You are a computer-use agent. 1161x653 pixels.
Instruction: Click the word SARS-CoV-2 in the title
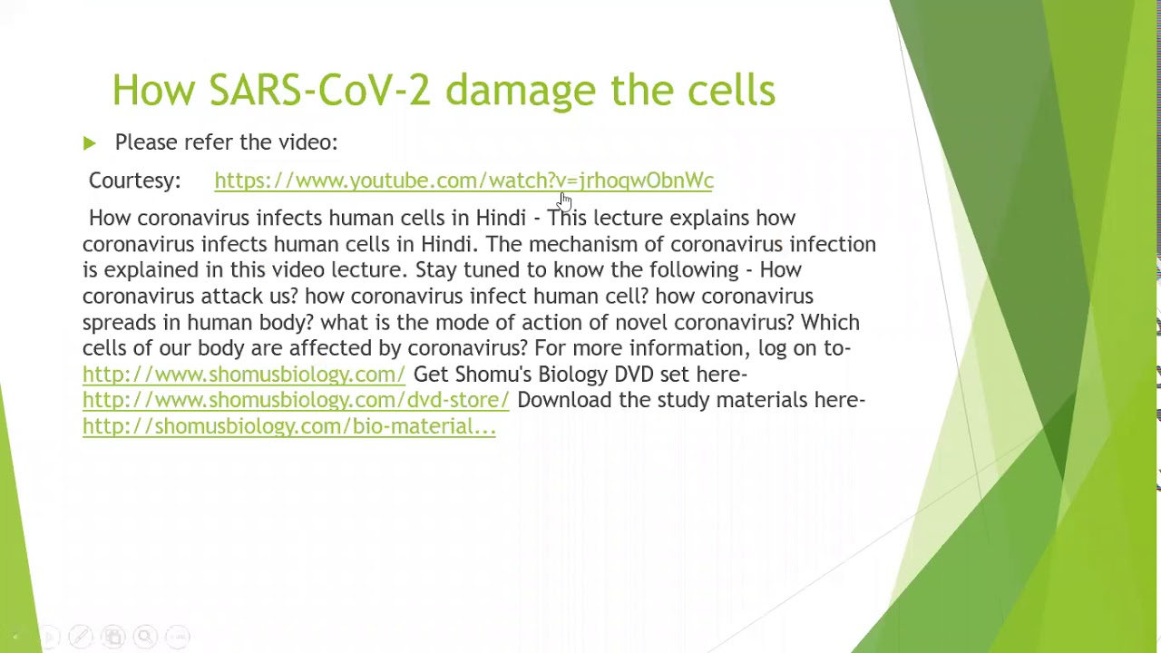coord(319,90)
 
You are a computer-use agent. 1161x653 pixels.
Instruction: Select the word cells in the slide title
coord(731,90)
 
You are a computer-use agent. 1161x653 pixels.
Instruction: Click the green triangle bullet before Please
coord(90,143)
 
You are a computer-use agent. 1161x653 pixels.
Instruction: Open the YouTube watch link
coord(463,180)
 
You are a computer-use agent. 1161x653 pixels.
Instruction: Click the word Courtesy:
coord(135,180)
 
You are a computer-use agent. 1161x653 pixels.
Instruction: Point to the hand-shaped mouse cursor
coord(565,202)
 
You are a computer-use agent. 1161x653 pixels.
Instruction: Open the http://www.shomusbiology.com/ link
coord(244,375)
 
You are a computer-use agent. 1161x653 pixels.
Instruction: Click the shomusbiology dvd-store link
coord(296,400)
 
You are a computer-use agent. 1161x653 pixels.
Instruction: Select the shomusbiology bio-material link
coord(289,426)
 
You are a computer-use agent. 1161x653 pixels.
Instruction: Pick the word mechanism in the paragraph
coord(582,244)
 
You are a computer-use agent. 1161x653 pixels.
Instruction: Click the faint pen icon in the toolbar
coord(81,636)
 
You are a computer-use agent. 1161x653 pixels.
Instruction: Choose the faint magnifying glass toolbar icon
coord(145,636)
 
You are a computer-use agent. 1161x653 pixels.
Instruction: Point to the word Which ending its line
coord(830,322)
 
